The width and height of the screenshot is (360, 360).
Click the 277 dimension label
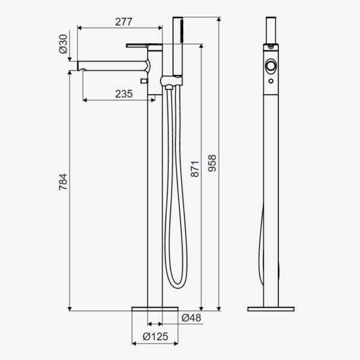(x=124, y=22)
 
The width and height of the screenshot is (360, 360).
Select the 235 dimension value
(x=124, y=94)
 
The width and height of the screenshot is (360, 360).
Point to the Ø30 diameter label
(x=63, y=44)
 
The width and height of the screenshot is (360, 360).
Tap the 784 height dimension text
(x=63, y=182)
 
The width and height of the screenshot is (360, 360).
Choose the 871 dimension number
(x=195, y=169)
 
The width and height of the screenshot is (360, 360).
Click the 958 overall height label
(x=212, y=163)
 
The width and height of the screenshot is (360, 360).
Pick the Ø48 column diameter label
(x=191, y=318)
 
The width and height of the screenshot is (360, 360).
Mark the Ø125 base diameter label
(x=155, y=337)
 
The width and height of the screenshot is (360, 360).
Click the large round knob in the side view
(x=271, y=66)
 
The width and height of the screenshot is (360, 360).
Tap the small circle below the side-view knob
(x=271, y=81)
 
